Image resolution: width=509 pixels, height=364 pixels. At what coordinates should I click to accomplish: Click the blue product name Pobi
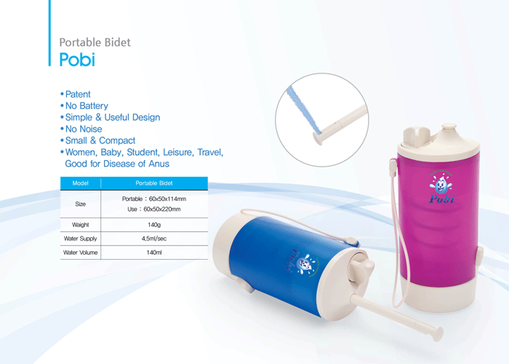[x=77, y=60]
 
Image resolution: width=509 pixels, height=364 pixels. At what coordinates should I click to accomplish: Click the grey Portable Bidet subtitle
[x=95, y=42]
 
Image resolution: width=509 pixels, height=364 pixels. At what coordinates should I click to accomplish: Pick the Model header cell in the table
[x=81, y=183]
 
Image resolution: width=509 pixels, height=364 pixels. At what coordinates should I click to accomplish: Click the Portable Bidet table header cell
[x=154, y=183]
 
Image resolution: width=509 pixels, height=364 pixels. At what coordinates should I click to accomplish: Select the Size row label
[x=81, y=204]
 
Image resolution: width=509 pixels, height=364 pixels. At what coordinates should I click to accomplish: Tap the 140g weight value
[x=154, y=225]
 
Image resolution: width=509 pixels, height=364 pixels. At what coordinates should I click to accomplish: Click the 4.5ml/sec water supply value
[x=154, y=239]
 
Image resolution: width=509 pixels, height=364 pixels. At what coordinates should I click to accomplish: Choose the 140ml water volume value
[x=154, y=253]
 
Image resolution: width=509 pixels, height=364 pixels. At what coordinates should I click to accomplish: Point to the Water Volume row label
[x=81, y=253]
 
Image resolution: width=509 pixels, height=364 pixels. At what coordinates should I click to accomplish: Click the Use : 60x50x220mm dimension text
[x=154, y=209]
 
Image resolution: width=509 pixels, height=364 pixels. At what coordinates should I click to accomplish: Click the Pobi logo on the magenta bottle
[x=441, y=188]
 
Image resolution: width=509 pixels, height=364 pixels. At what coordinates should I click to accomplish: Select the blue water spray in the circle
[x=303, y=111]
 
